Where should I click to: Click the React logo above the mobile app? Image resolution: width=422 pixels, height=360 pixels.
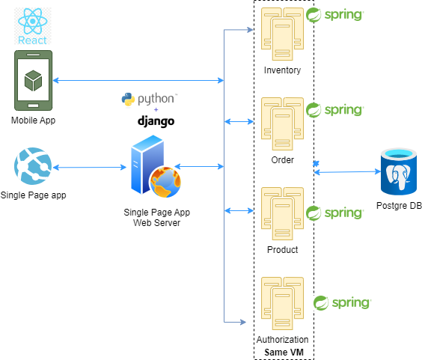coord(31,26)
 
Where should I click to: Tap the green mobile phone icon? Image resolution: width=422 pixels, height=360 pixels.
coord(32,80)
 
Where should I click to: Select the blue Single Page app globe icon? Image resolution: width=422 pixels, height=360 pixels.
coord(31,167)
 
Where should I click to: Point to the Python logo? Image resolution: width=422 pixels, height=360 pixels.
coord(149,99)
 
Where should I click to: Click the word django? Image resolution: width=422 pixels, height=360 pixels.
coord(156,120)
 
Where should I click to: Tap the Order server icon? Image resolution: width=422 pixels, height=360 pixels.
coord(282,123)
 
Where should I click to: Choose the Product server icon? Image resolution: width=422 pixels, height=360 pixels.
coord(282,213)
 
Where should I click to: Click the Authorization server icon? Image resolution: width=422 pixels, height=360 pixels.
coord(282,302)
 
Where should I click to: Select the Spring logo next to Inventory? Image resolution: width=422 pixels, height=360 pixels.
coord(334,15)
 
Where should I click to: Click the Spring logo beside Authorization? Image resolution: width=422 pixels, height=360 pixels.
coord(341,303)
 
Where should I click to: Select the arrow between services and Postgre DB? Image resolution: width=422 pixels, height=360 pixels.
coord(347,172)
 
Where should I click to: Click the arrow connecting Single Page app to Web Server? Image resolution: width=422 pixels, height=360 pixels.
coord(88,168)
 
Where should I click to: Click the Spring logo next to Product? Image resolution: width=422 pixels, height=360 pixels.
coord(334,213)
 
